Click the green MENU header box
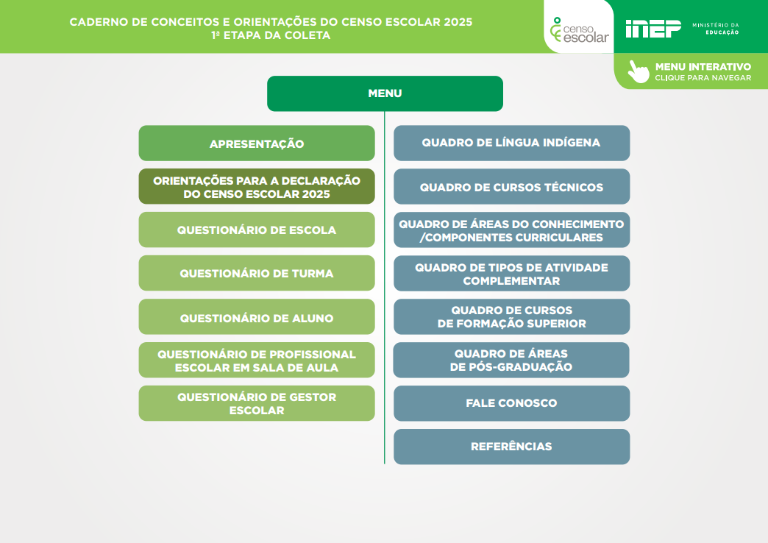(x=385, y=93)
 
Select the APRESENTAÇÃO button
(x=257, y=143)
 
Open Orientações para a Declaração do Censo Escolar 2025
(x=257, y=187)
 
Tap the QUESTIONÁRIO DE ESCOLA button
(x=257, y=230)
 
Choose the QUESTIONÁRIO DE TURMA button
(x=257, y=273)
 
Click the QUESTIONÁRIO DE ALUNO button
(x=257, y=317)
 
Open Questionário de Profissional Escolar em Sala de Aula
(x=257, y=361)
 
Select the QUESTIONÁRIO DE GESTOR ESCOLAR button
(x=257, y=403)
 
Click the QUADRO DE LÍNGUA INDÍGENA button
(x=511, y=143)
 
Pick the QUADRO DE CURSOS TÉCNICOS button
(x=511, y=187)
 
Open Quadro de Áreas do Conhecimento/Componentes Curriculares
(x=511, y=230)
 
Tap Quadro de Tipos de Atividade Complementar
(x=511, y=274)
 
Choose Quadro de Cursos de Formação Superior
(x=511, y=317)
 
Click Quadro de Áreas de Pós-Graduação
(x=511, y=361)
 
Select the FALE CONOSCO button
(x=511, y=403)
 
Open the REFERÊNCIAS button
(x=511, y=447)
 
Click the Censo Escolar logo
(x=579, y=29)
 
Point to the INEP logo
(x=653, y=29)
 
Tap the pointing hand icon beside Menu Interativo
(x=638, y=71)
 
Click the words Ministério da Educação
(x=716, y=29)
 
